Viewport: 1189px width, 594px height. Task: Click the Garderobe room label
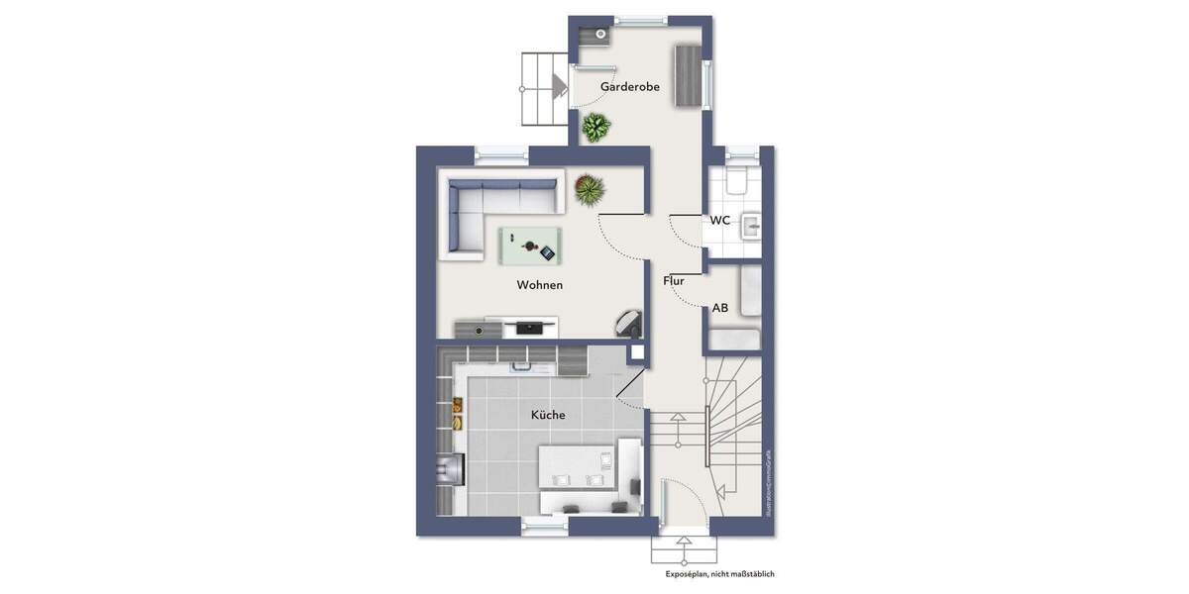coord(629,87)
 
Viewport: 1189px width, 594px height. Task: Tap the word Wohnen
coord(539,285)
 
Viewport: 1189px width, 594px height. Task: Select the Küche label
coord(547,415)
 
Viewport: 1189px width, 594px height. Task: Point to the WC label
coord(719,220)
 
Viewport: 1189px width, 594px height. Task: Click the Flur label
coord(674,281)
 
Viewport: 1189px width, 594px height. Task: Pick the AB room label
coord(720,308)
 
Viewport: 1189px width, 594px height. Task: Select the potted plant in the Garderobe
coord(595,127)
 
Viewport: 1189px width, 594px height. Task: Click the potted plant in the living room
coord(588,188)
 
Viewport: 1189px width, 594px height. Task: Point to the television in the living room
coord(532,325)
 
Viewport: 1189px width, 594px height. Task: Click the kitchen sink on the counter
coord(533,366)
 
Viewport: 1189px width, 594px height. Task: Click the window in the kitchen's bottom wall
coord(545,529)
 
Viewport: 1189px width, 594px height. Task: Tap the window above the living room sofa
coord(500,154)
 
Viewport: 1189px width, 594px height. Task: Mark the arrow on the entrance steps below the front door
coord(684,543)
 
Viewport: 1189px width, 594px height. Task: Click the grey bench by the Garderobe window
coord(687,75)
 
